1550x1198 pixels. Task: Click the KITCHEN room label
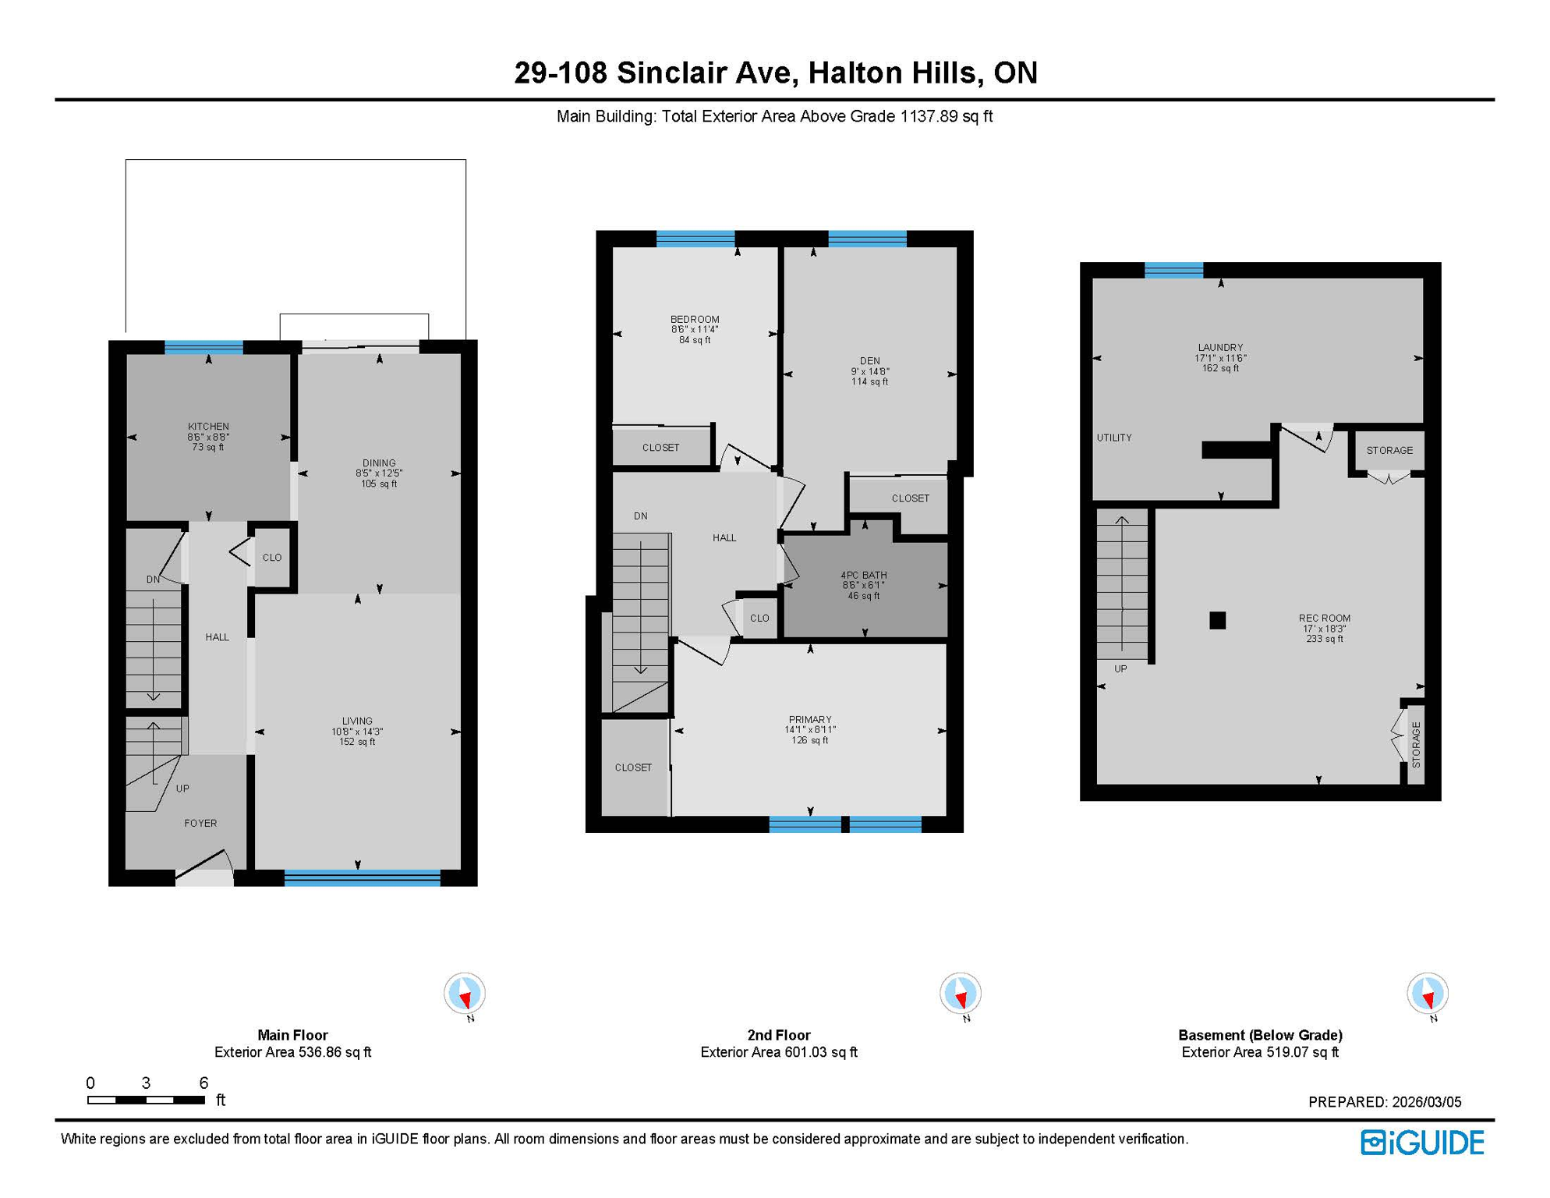(208, 427)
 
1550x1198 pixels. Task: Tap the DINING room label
(379, 463)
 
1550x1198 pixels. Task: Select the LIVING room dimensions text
(357, 732)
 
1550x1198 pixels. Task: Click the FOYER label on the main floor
(200, 823)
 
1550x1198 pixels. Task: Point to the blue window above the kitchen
(203, 347)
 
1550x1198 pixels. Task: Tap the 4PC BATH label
(864, 575)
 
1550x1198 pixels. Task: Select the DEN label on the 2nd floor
(870, 361)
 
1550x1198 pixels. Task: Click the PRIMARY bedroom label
(810, 719)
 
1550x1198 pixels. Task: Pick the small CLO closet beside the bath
(759, 618)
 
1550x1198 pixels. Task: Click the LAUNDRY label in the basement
(1220, 348)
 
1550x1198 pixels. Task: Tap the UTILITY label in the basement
(1114, 438)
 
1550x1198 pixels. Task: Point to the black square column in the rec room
(1217, 620)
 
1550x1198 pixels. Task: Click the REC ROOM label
(1324, 618)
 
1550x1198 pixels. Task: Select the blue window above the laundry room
(1173, 271)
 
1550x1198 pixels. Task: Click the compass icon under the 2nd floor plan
(960, 994)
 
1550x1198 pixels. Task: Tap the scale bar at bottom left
(146, 1100)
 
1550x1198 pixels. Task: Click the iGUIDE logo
(1422, 1143)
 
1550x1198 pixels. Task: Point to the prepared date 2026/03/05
(1385, 1102)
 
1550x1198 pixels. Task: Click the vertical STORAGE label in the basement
(1416, 745)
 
